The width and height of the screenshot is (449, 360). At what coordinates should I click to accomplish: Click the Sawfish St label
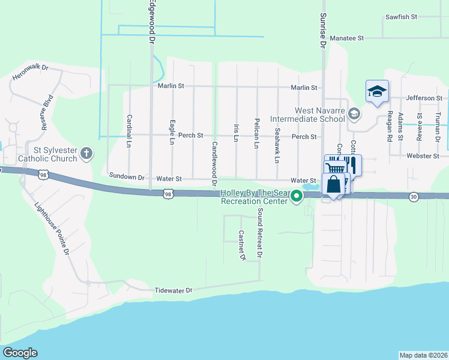click(402, 17)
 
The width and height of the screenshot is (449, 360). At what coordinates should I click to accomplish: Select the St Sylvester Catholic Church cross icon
click(86, 153)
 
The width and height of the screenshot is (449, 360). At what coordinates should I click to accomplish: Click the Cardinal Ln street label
click(128, 131)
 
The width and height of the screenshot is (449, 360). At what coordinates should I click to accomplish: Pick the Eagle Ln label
click(172, 133)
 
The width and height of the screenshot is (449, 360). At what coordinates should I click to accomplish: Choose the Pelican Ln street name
click(256, 133)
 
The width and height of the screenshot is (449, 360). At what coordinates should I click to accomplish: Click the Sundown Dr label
click(127, 177)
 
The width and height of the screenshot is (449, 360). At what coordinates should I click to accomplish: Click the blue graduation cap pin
click(377, 92)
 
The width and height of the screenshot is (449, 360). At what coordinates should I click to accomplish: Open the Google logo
click(20, 353)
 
